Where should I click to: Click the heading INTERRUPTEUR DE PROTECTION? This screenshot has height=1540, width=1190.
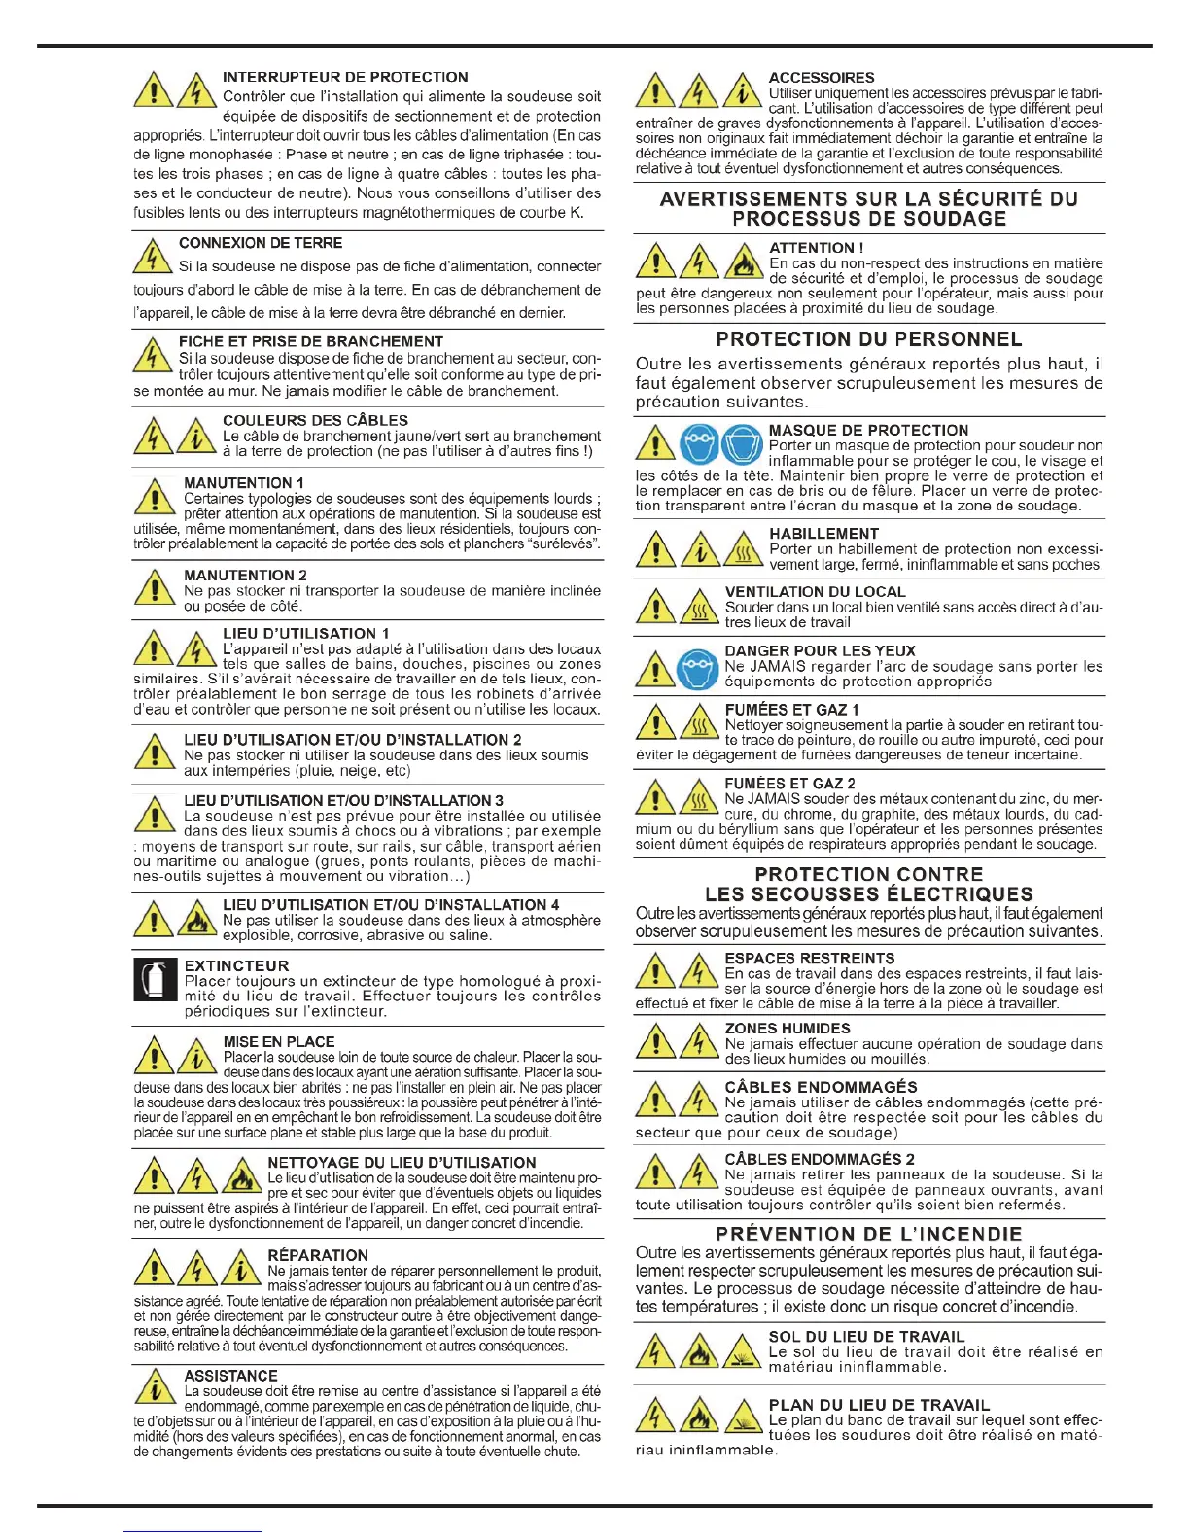click(345, 77)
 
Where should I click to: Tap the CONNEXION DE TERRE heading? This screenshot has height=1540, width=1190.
click(261, 243)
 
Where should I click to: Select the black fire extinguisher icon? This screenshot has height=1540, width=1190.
click(154, 980)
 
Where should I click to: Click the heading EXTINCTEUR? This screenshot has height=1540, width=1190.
click(236, 965)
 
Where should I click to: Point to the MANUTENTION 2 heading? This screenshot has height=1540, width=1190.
click(245, 575)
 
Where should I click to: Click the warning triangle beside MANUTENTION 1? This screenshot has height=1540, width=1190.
click(154, 497)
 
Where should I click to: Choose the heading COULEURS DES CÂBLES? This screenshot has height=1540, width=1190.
click(315, 420)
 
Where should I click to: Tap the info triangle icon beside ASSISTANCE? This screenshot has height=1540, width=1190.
click(154, 1387)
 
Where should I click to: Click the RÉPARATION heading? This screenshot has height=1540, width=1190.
click(317, 1255)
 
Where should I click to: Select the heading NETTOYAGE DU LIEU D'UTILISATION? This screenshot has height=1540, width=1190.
click(402, 1162)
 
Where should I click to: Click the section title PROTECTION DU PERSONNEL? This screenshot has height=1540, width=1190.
click(868, 339)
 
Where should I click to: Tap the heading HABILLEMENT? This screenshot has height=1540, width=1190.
click(823, 533)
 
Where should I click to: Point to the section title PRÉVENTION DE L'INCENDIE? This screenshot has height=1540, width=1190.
click(868, 1234)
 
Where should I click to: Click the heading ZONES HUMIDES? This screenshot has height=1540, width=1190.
click(787, 1028)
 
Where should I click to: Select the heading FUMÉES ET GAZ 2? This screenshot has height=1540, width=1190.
click(789, 783)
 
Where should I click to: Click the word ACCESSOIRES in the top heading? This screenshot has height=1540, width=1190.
click(821, 77)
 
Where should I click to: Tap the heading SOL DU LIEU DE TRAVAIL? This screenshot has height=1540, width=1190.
click(866, 1336)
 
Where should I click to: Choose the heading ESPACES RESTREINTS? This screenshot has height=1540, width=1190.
click(809, 958)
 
